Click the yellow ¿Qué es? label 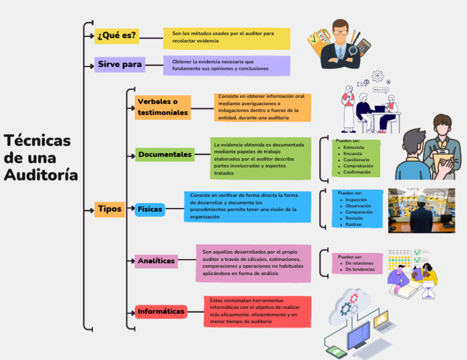pos(117,36)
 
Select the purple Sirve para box pos(120,64)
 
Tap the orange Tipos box pos(109,209)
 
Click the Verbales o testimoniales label pos(162,108)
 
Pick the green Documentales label pos(165,154)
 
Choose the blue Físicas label pos(150,209)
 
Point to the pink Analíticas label pos(156,261)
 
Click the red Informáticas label pos(161,311)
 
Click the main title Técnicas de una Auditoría pos(41,157)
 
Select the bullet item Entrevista pos(353,147)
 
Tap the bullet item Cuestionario pos(356,159)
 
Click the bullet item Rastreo pos(353,224)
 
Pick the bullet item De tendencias pos(360,269)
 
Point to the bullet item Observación pos(358,206)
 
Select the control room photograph pos(421,210)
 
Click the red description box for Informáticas pos(258,311)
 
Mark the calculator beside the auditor pos(364,46)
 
